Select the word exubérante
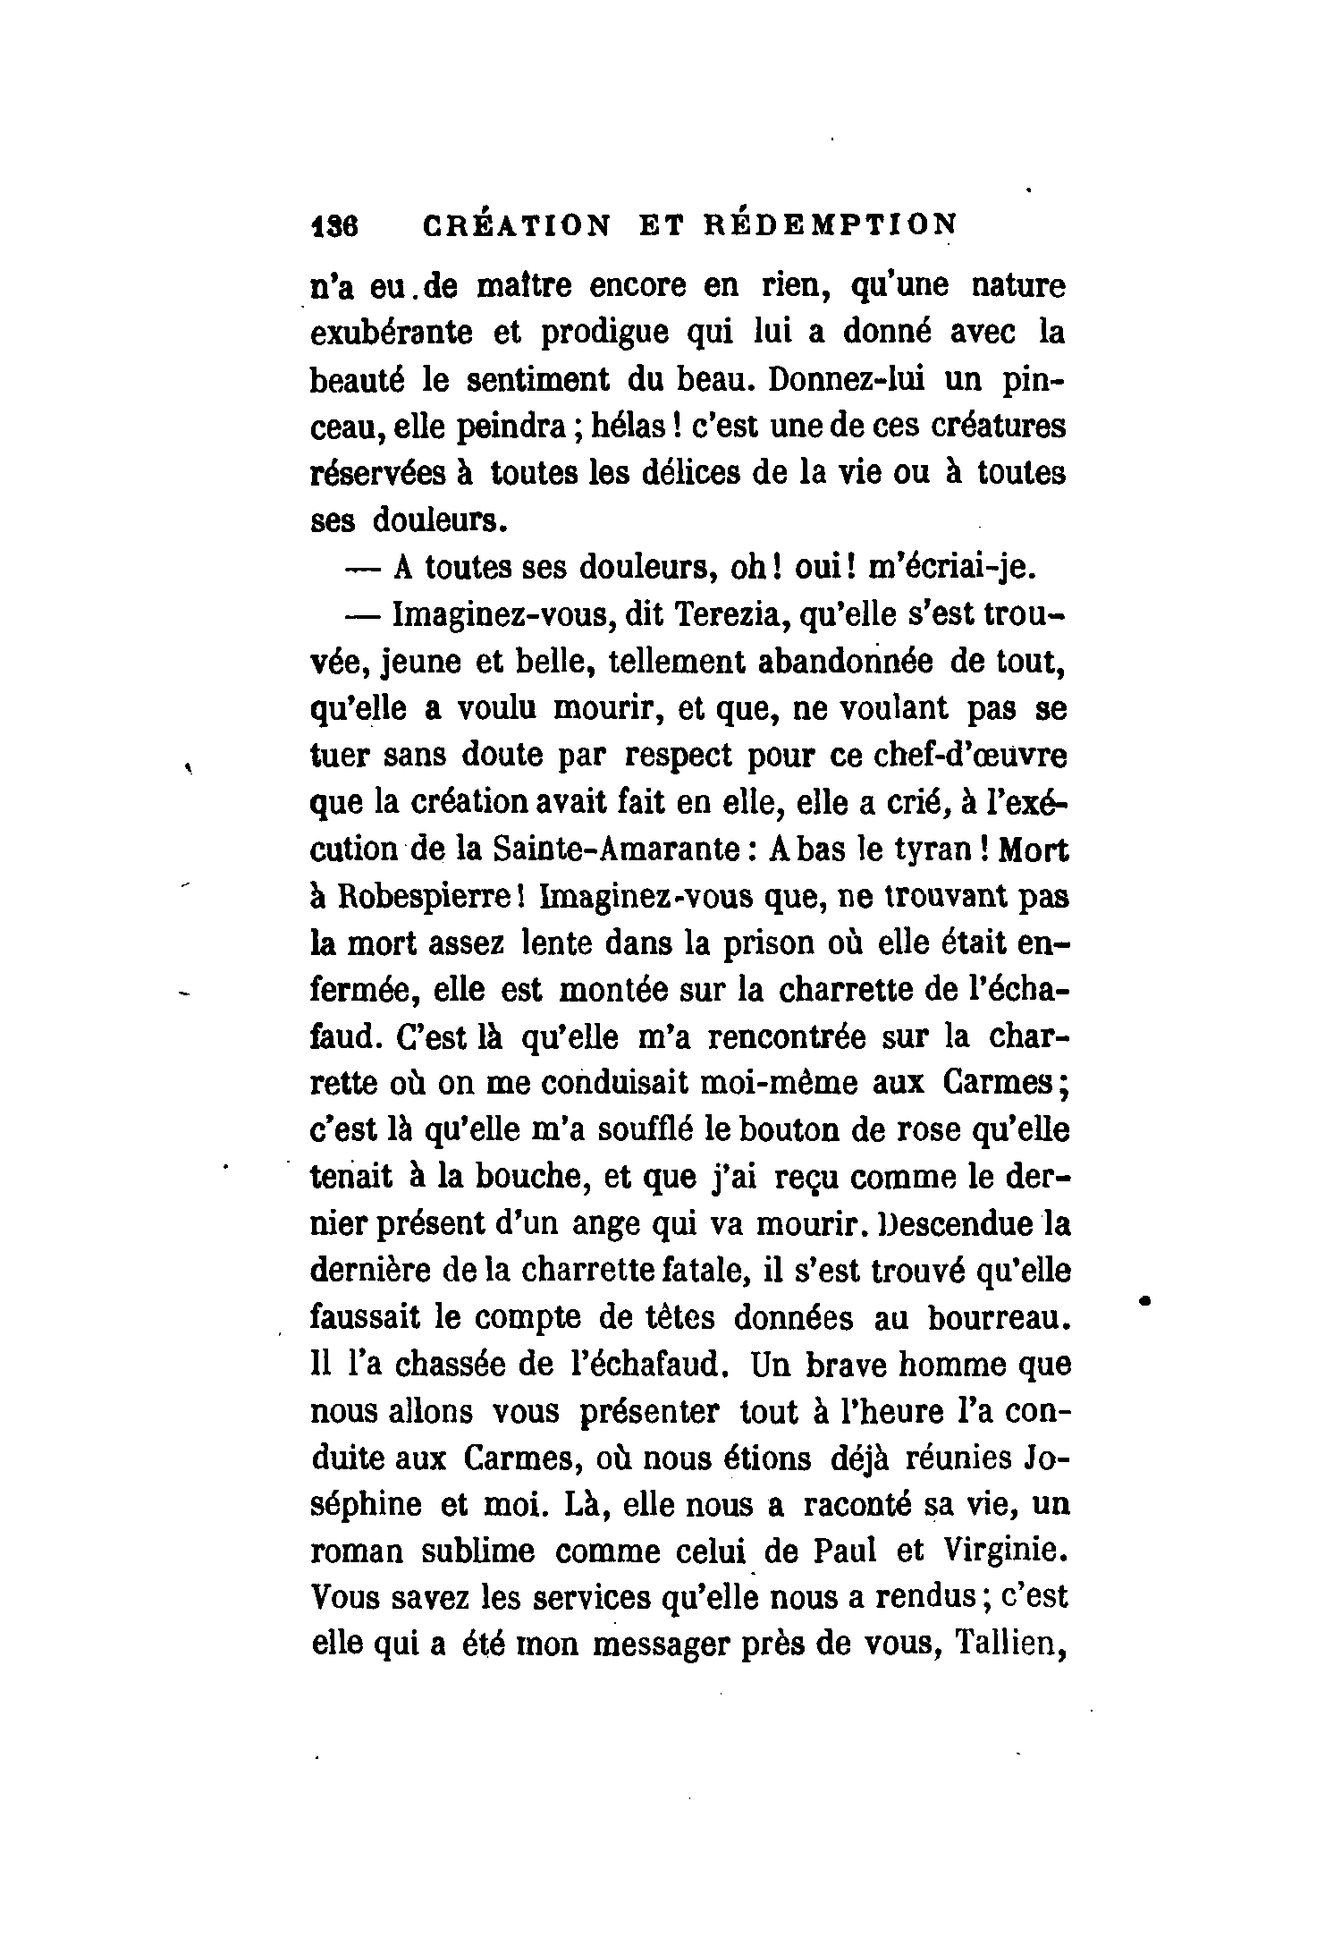392,334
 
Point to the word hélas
629,427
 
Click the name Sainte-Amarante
615,850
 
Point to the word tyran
933,850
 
